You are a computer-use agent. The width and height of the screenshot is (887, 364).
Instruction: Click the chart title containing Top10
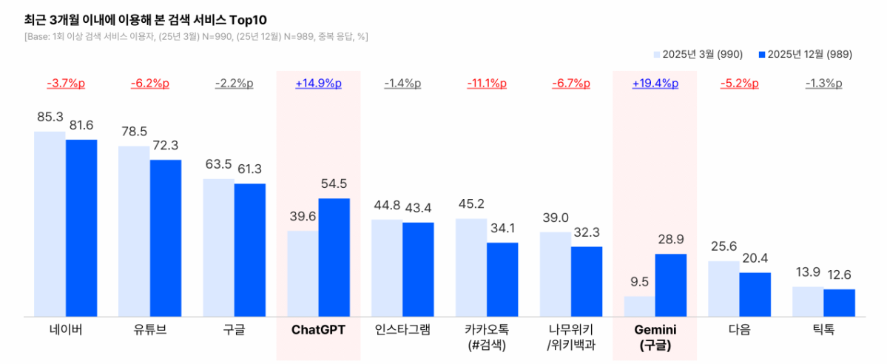point(155,16)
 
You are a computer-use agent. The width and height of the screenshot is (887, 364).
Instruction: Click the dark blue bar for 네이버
point(81,228)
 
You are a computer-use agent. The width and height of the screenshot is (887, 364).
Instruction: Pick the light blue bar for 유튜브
point(134,232)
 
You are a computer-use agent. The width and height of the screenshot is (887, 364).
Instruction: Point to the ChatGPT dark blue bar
point(334,257)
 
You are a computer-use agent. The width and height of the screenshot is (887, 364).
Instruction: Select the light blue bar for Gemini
point(639,306)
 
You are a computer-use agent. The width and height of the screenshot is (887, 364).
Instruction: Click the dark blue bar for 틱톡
point(839,303)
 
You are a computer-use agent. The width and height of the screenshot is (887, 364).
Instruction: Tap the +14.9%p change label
point(318,84)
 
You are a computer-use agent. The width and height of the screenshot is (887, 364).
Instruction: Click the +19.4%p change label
point(655,84)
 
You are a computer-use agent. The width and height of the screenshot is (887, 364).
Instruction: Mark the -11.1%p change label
point(487,84)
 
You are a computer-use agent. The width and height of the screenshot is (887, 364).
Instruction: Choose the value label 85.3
point(50,116)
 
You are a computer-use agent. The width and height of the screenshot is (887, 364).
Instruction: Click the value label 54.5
point(334,183)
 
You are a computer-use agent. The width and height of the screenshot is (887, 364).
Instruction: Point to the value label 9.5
point(639,282)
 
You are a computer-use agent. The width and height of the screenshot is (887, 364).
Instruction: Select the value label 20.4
point(755,258)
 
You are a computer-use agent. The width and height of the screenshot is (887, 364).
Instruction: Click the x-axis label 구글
point(234,329)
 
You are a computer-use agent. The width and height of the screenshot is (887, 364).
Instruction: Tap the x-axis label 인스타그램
point(402,329)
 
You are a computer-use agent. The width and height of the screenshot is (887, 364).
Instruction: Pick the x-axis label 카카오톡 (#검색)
point(487,337)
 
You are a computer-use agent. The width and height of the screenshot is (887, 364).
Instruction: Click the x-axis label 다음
point(739,329)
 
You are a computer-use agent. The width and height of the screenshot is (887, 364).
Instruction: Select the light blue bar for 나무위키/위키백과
point(555,274)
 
